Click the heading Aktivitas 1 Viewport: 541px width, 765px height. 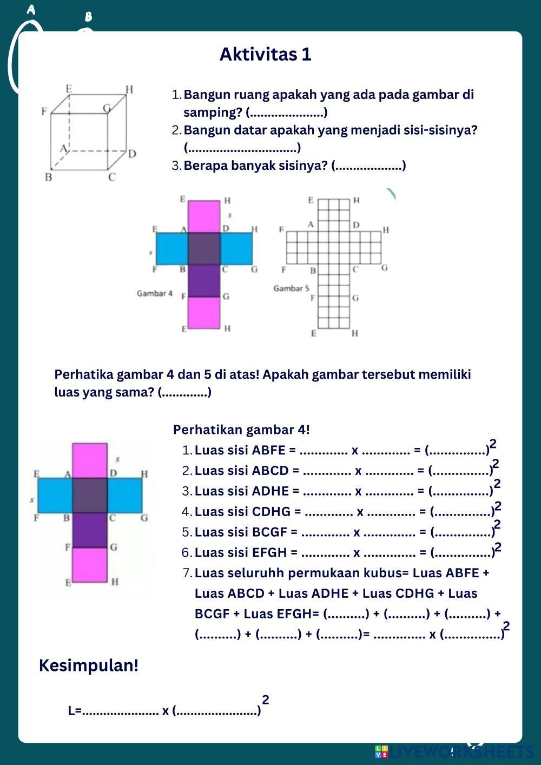(265, 54)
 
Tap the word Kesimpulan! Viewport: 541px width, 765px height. (89, 665)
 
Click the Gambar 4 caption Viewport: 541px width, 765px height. (155, 293)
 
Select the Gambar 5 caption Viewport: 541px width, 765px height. (291, 288)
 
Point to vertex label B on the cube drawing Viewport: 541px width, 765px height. (48, 177)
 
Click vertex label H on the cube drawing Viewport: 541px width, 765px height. (129, 89)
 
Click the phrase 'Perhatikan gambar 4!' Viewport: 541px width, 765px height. (241, 430)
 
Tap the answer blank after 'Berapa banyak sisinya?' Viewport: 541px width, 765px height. (368, 166)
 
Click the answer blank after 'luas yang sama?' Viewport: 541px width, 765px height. (184, 392)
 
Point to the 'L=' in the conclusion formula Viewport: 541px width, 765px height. (75, 710)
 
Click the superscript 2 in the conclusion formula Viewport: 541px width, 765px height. (266, 700)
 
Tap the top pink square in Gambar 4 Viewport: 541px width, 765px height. (204, 216)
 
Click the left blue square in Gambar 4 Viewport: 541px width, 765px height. (172, 248)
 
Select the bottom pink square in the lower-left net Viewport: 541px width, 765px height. (90, 564)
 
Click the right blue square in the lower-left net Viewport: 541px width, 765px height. (124, 495)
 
